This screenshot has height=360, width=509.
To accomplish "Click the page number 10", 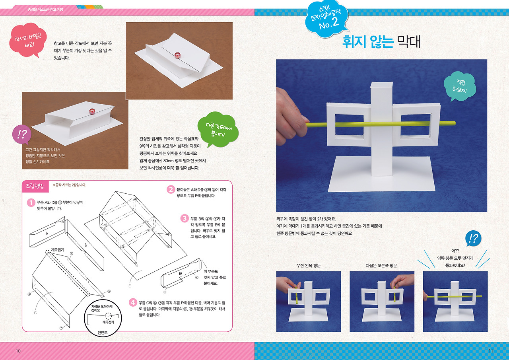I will coord(18,350).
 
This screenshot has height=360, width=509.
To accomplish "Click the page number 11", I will coord(490,350).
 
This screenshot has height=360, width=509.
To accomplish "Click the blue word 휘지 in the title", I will coord(354,42).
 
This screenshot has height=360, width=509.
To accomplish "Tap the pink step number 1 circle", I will coord(30,202).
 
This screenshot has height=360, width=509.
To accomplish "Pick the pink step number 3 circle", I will coord(184,218).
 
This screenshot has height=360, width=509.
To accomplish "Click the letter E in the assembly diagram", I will coord(130,286).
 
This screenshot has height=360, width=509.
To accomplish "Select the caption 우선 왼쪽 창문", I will coord(309,265).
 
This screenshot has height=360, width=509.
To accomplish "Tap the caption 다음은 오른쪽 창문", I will coord(381,265).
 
